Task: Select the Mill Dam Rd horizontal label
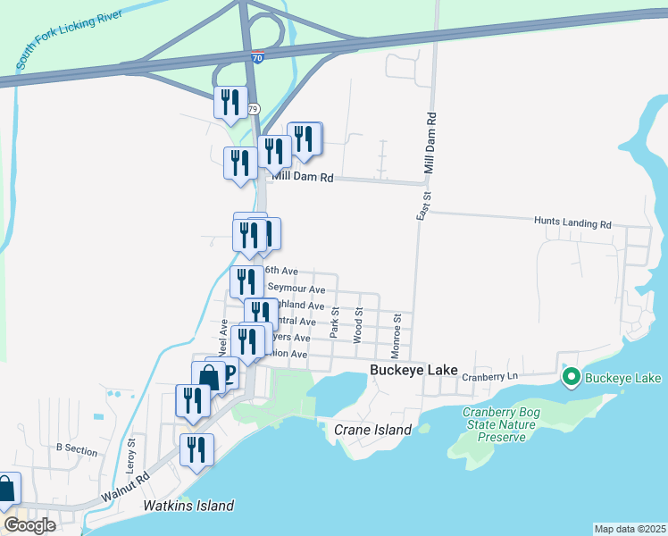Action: click(x=303, y=178)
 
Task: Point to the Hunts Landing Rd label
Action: click(x=572, y=222)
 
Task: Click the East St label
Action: click(x=424, y=208)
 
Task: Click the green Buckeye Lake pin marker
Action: click(x=572, y=379)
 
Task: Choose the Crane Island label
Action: click(x=372, y=430)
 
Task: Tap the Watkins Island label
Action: click(x=188, y=506)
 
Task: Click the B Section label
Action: click(x=77, y=450)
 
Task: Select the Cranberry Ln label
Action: click(x=490, y=378)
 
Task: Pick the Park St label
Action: click(x=333, y=322)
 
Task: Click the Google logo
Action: click(x=29, y=524)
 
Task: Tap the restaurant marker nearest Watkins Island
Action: click(x=196, y=449)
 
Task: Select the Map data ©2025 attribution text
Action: click(x=630, y=529)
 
